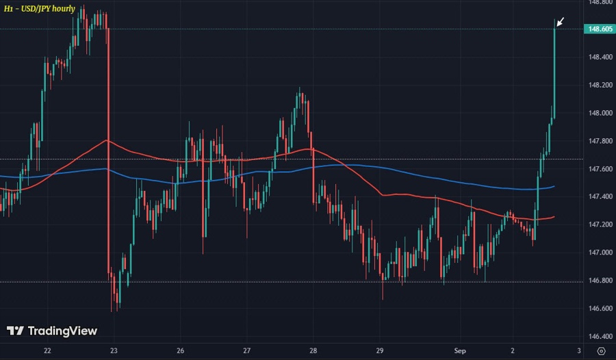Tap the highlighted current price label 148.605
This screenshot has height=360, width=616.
coord(599,29)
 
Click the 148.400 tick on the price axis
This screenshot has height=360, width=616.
coord(599,57)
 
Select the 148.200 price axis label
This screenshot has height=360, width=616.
coord(599,85)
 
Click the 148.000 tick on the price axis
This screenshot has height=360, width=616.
coord(599,113)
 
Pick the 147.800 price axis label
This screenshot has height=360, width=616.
coord(599,141)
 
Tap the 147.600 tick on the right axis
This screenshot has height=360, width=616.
coord(599,169)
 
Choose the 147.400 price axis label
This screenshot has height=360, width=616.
coord(599,196)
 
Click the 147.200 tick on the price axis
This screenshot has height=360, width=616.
coord(599,224)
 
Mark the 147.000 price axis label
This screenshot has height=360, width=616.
coord(599,253)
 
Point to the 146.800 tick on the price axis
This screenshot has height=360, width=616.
coord(599,281)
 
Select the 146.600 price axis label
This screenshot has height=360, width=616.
coord(599,309)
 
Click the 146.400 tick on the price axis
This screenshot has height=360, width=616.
coord(599,336)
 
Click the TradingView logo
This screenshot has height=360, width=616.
coord(52,331)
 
